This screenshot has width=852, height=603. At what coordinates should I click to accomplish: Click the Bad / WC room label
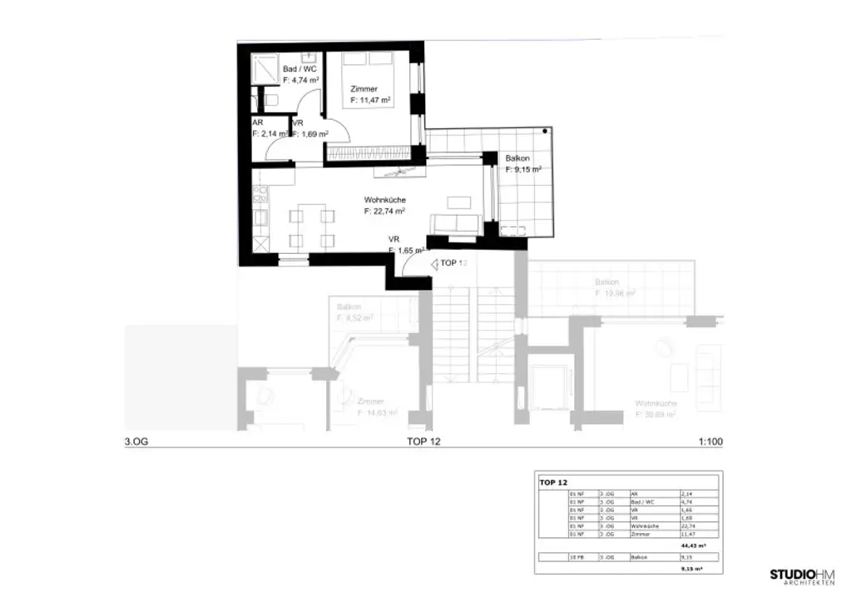pos(300,69)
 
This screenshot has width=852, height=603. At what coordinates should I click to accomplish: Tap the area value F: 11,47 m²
pos(371,100)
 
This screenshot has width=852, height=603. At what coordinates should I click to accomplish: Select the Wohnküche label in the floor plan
pos(384,200)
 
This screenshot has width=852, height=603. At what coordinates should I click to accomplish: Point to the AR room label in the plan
pos(257,122)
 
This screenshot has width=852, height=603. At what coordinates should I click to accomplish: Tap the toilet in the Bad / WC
pos(271,99)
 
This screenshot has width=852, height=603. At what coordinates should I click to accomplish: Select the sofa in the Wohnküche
pos(455,224)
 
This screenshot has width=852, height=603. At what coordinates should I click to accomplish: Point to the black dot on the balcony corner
pos(544,132)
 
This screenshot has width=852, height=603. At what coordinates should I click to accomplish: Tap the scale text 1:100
pos(710,442)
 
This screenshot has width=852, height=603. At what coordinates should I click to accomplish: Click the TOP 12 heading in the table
pos(553,482)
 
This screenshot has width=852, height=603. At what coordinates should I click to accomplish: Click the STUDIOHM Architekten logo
pos(805,576)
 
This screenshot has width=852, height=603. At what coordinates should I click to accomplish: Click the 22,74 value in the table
pos(686,526)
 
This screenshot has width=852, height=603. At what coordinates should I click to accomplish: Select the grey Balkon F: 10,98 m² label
pos(614,287)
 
